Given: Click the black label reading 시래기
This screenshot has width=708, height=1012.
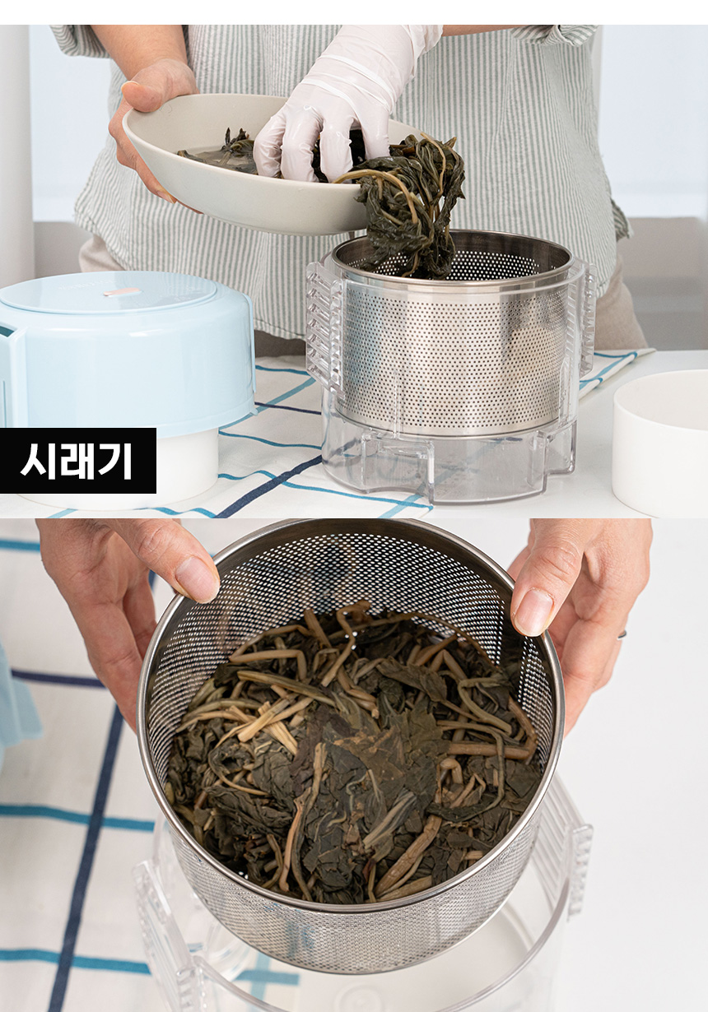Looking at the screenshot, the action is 77,461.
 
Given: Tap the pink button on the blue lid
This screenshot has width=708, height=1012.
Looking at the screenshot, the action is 121,292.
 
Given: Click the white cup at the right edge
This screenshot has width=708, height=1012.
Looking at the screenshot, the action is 661,443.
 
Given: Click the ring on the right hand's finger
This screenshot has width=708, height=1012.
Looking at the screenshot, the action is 622,634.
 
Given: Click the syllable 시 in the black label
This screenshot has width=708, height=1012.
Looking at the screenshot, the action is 39,461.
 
